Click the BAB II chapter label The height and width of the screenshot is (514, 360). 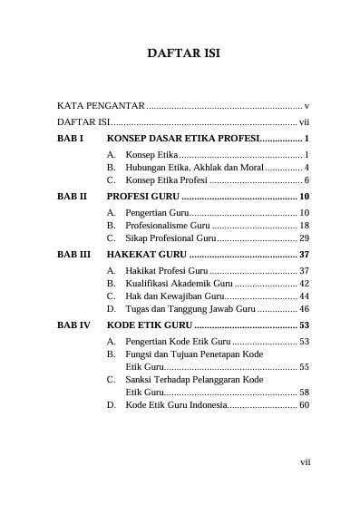tap(72, 197)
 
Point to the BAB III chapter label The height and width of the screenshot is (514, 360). tap(73, 255)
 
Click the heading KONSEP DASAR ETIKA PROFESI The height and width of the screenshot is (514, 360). tap(182, 139)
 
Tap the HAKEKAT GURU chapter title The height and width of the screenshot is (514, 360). tap(148, 255)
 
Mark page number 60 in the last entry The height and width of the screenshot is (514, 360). tap(305, 404)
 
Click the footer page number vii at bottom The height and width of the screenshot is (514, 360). tap(306, 461)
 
